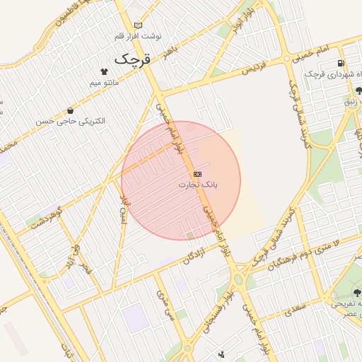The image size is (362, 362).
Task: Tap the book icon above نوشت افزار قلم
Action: [x=138, y=25]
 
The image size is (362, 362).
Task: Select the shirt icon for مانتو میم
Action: [x=105, y=71]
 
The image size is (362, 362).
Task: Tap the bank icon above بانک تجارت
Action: [x=197, y=173]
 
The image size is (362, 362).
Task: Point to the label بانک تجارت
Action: [x=197, y=185]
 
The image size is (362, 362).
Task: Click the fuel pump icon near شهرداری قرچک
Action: [x=341, y=64]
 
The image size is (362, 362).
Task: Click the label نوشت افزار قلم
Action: [x=141, y=35]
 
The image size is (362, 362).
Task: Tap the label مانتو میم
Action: [x=104, y=83]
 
